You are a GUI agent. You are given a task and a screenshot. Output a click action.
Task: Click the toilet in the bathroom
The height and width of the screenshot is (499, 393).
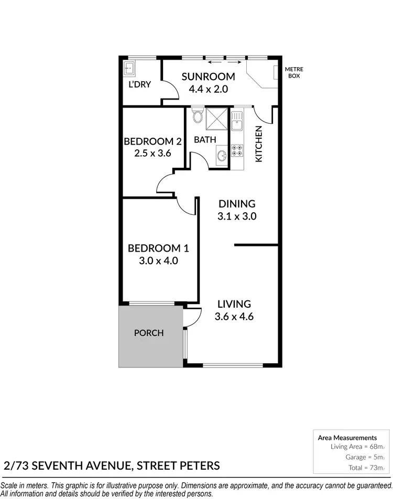click(198, 116)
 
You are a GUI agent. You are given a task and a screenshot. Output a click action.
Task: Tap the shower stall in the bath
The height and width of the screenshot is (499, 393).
click(215, 119)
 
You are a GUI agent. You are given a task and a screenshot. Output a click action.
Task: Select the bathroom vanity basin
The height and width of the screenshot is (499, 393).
click(221, 155)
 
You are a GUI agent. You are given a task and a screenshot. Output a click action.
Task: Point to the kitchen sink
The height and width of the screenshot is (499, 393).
click(237, 123)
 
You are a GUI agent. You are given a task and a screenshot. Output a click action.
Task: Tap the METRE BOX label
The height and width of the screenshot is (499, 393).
click(294, 72)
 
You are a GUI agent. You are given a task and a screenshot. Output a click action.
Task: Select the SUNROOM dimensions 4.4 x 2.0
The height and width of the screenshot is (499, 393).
click(208, 89)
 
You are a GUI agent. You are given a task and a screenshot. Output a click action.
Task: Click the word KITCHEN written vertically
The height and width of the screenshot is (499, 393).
click(258, 144)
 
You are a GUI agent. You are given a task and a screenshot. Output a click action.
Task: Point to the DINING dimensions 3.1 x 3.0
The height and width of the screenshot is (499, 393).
click(237, 216)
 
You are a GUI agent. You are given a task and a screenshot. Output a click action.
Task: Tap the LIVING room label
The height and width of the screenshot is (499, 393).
click(234, 304)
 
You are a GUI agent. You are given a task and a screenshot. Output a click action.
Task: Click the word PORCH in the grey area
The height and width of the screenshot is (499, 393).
click(149, 333)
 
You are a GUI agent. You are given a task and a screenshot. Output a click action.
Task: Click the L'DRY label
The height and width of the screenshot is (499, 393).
click(140, 84)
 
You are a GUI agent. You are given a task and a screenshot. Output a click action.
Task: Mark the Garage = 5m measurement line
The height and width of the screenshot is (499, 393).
click(362, 457)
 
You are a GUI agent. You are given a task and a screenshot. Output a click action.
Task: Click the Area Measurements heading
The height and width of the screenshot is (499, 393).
click(347, 437)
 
